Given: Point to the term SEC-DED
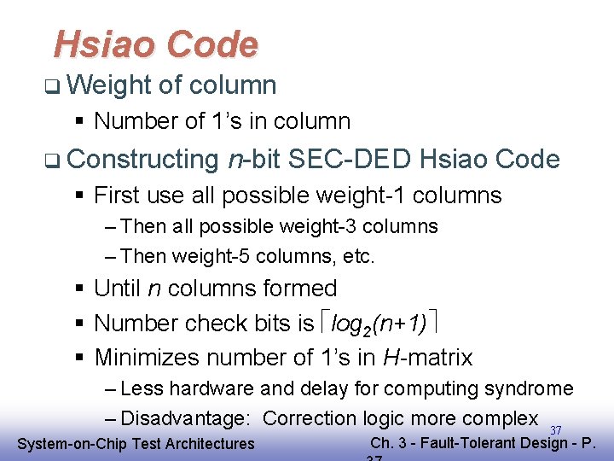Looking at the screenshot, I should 351,159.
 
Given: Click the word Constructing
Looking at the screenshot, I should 142,160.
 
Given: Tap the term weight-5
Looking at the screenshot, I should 206,255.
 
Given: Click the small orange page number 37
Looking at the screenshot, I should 555,429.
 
